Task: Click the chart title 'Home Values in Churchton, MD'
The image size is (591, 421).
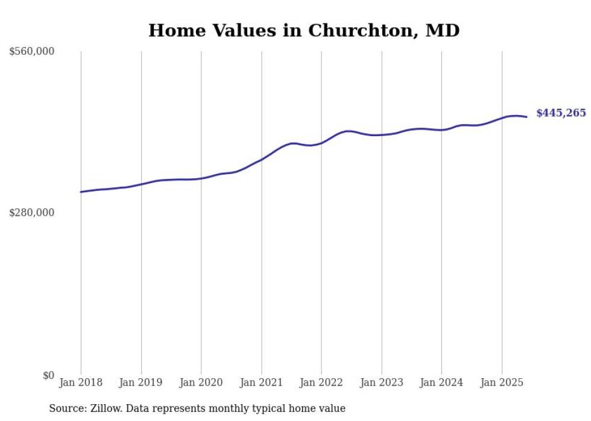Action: [304, 30]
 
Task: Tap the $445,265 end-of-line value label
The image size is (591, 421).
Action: [561, 113]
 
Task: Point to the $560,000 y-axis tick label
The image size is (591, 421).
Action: [32, 52]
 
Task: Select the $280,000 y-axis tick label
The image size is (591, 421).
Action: [32, 213]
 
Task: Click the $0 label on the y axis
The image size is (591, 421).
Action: [48, 375]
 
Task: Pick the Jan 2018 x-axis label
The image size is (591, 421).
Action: [81, 382]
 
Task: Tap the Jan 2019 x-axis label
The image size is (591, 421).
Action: [141, 382]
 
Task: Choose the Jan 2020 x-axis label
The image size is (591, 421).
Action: [201, 382]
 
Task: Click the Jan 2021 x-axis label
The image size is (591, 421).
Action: [261, 382]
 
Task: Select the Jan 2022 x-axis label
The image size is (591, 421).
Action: [321, 382]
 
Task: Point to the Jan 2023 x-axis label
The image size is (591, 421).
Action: [381, 382]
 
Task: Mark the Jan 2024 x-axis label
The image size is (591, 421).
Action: [441, 382]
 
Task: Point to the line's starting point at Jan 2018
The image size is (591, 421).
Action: [81, 192]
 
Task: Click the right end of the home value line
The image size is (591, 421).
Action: [527, 117]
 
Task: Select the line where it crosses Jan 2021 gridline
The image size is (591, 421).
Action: [261, 160]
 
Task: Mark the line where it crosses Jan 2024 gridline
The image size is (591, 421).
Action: [441, 129]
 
